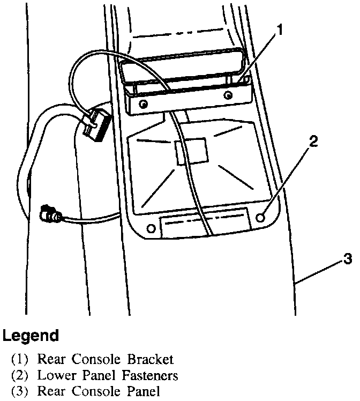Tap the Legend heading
point(31,337)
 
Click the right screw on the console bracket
point(229,96)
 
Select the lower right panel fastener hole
point(261,218)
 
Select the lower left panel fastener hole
point(151,229)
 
